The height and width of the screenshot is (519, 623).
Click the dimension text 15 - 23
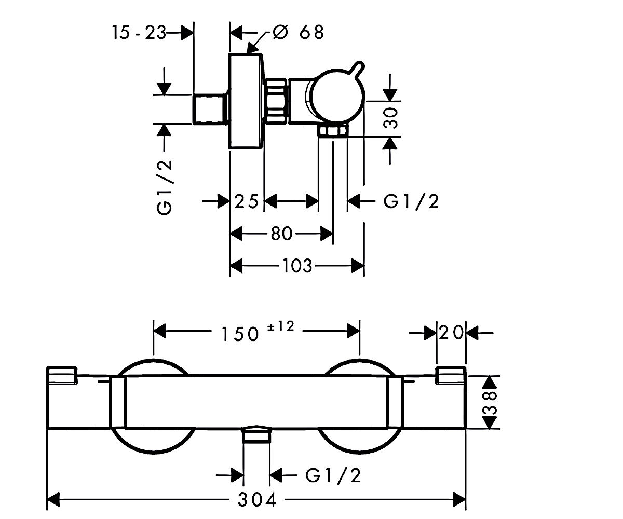(139, 33)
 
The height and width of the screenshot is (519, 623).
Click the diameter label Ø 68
(298, 32)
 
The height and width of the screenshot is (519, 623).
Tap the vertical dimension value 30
(390, 118)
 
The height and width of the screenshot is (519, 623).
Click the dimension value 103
(297, 265)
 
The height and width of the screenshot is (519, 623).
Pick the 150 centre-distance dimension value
(240, 334)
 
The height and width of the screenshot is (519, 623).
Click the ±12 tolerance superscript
(281, 326)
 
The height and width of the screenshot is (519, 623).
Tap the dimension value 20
(451, 332)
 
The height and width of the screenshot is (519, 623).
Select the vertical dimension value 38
(490, 403)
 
